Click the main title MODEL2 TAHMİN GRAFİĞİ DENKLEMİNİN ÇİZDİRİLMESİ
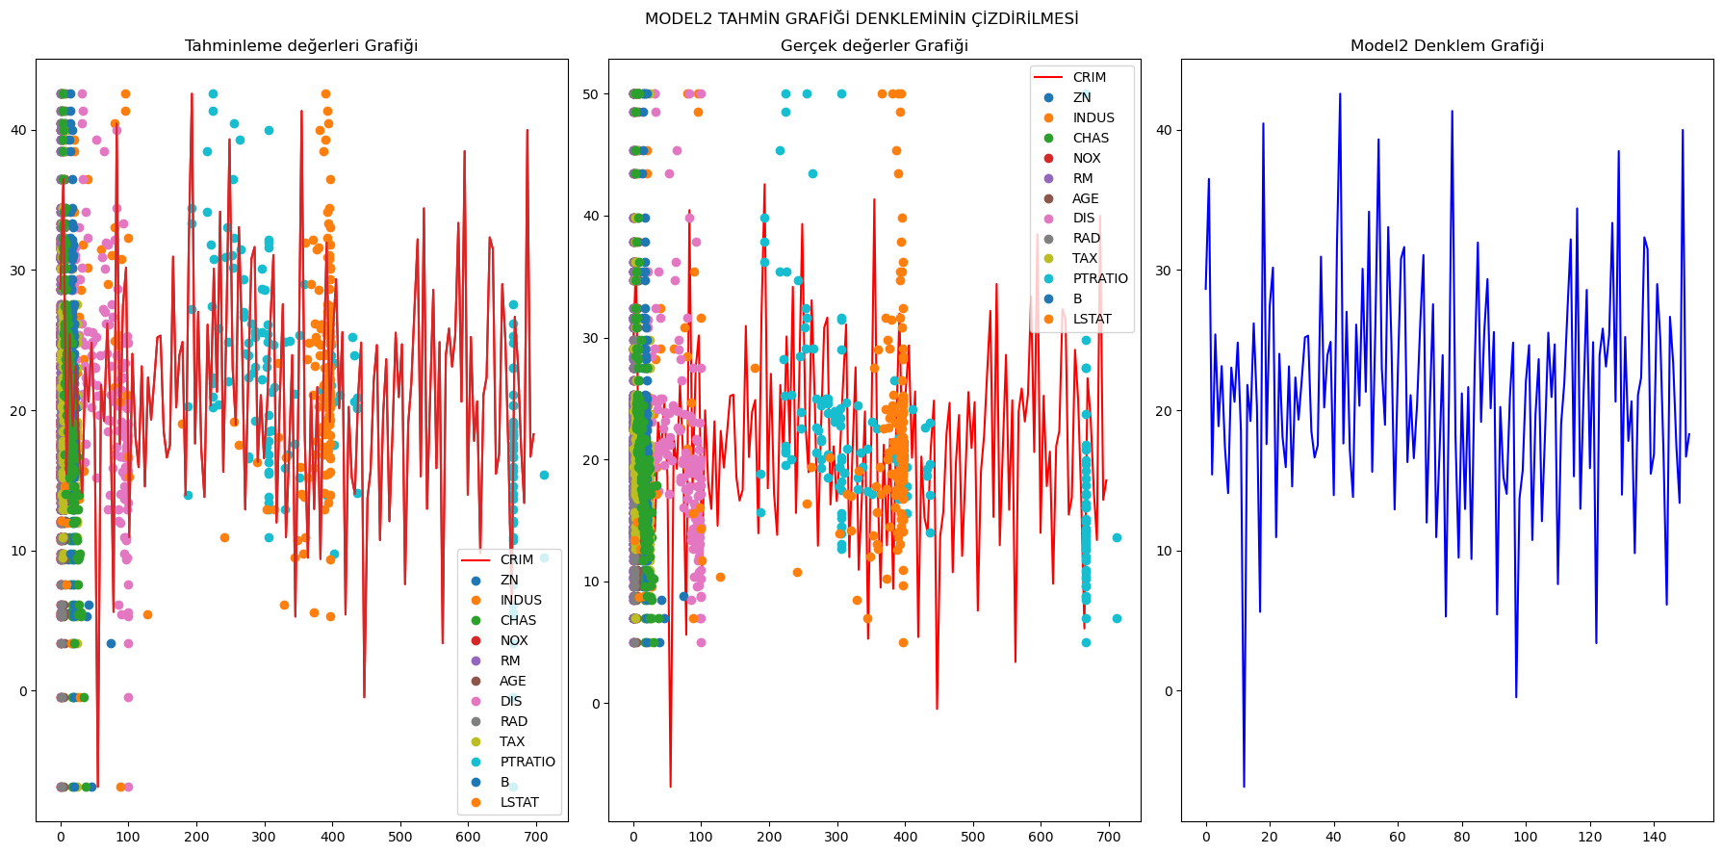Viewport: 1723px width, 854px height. (x=861, y=19)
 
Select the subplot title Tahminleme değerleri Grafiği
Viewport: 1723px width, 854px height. (x=301, y=46)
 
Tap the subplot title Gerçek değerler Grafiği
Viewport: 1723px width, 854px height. (x=874, y=46)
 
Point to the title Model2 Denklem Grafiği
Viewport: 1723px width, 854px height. (x=1447, y=46)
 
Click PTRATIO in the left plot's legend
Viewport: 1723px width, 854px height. (x=527, y=762)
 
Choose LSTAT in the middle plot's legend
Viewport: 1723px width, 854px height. (x=1092, y=319)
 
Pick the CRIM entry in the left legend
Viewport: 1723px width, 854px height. (x=516, y=559)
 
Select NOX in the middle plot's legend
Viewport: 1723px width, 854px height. (x=1087, y=158)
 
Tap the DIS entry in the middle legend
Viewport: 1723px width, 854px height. (x=1084, y=219)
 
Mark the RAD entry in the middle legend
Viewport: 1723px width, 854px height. (x=1087, y=238)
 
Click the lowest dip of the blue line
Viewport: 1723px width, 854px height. (x=1244, y=787)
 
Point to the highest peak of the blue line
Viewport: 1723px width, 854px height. (x=1340, y=93)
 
